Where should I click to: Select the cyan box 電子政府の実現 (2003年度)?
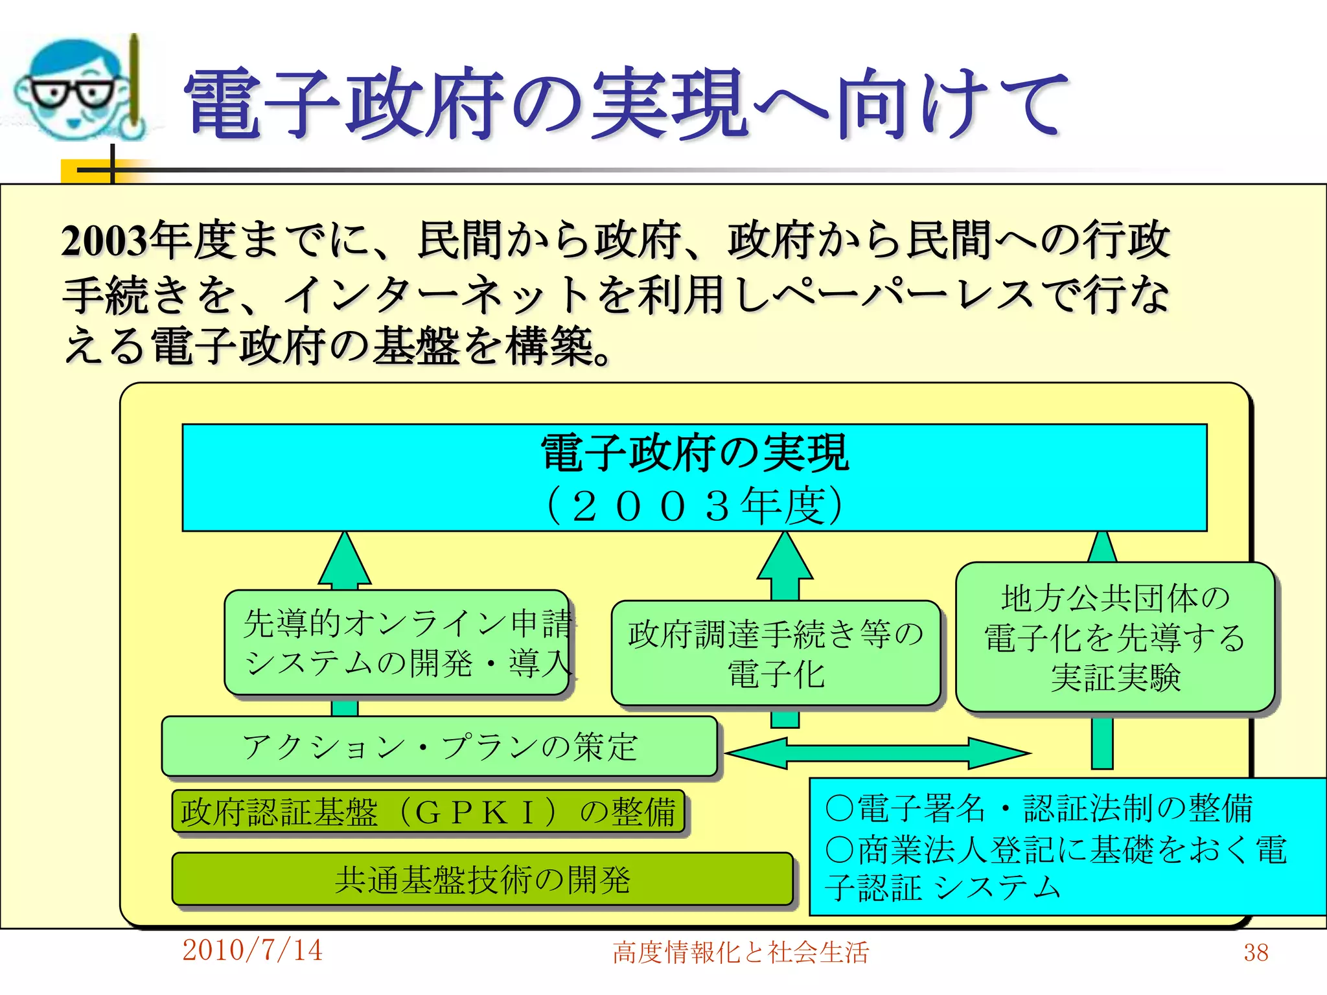tap(694, 477)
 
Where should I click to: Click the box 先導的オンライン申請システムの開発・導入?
tap(397, 642)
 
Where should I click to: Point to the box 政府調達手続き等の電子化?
tap(776, 653)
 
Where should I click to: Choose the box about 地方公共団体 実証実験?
tap(1115, 637)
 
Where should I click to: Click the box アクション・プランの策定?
tap(439, 746)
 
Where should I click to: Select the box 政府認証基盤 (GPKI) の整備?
tap(428, 811)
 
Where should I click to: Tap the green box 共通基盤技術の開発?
tap(482, 879)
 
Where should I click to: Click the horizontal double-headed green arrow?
tap(877, 753)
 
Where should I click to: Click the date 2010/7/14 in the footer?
tap(252, 950)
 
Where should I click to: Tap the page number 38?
tap(1255, 952)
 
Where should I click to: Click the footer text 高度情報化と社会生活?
tap(740, 952)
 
